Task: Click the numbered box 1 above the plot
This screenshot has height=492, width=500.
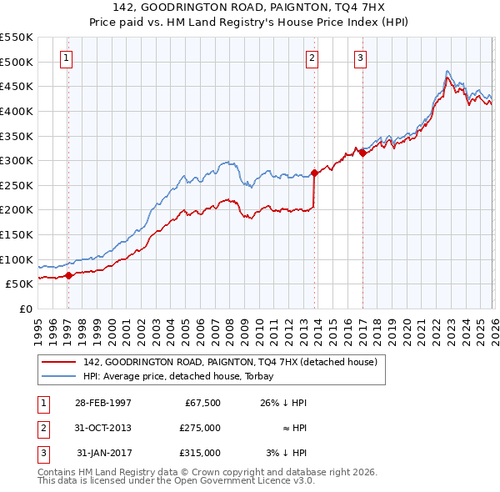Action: tap(66, 58)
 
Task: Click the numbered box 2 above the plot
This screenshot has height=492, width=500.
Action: tap(311, 58)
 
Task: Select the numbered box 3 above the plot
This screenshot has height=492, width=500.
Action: tap(360, 58)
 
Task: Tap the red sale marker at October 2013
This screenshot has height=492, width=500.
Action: tap(314, 173)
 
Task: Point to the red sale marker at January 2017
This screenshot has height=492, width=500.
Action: tap(362, 153)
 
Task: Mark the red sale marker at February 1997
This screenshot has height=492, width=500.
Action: tap(69, 275)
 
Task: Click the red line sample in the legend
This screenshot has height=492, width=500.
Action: tap(59, 362)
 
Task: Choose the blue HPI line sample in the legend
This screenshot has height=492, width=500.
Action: tap(59, 376)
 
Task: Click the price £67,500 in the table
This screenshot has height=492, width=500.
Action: tap(199, 403)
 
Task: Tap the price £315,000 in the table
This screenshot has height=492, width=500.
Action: tap(199, 453)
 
